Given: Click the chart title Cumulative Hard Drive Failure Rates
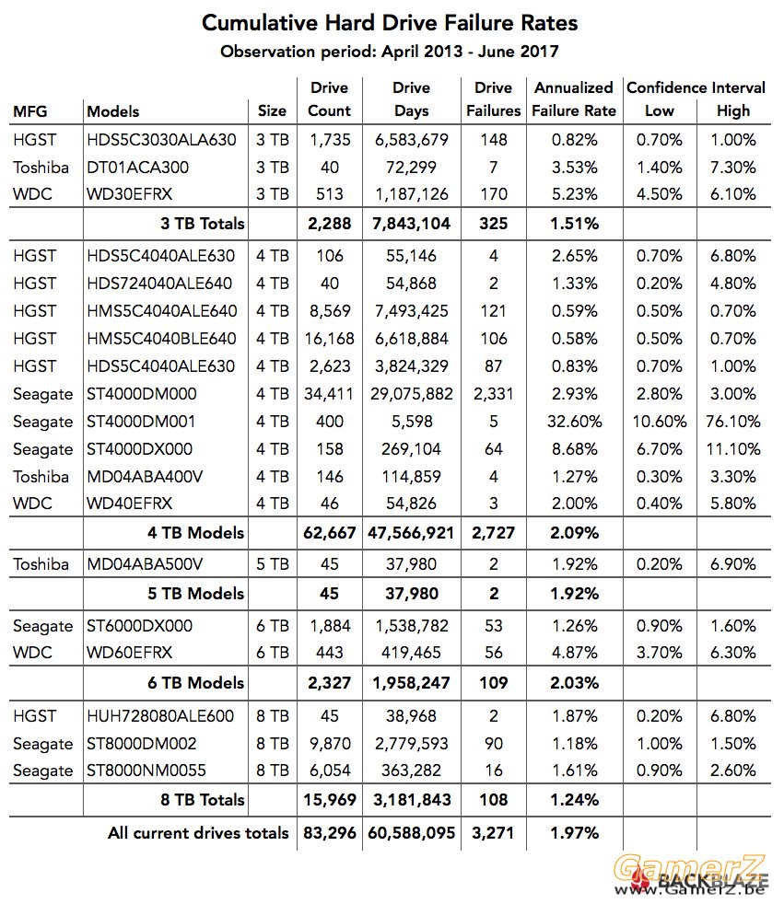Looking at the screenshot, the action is [x=390, y=23].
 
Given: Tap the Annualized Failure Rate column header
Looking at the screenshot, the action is [x=574, y=99].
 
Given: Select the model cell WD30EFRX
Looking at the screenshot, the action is [x=129, y=194].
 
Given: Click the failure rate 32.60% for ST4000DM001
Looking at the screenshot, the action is [x=575, y=422].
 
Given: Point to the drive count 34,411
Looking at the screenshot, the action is [x=330, y=394].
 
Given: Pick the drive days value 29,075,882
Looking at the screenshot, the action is [x=411, y=394].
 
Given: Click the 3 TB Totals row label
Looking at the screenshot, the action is [x=203, y=224].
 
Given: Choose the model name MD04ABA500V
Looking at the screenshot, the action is [x=145, y=563].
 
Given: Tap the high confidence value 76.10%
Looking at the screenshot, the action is [x=733, y=422].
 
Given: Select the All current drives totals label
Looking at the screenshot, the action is [x=198, y=833].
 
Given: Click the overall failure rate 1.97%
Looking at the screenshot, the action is [x=575, y=833].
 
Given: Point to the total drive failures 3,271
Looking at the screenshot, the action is [x=493, y=833].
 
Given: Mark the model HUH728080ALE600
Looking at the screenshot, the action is [x=160, y=716].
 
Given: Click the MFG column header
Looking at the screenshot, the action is [x=30, y=111].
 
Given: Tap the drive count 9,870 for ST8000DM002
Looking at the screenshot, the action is [x=330, y=744].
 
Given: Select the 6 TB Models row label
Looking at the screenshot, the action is [x=195, y=683].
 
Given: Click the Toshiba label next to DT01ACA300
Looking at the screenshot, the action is [x=41, y=168].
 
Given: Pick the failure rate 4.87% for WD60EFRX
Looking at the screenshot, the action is [x=575, y=653].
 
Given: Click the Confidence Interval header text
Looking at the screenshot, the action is [x=696, y=87].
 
